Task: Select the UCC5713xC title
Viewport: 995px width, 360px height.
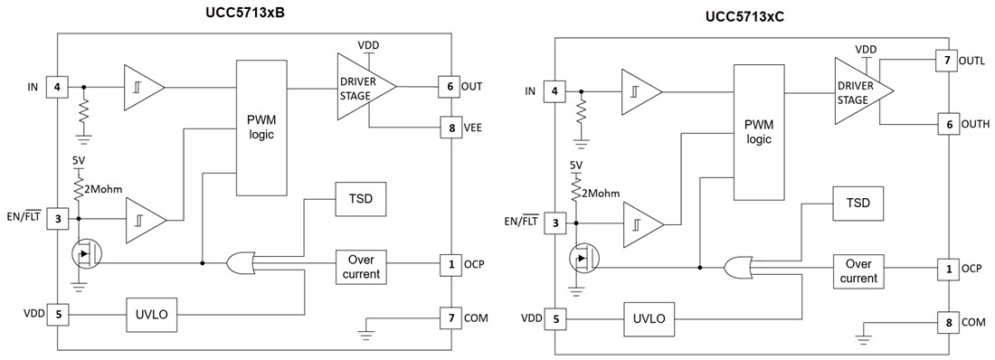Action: (x=751, y=17)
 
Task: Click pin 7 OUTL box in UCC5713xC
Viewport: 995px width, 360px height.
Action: (x=946, y=60)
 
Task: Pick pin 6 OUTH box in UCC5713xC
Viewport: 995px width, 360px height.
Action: (x=946, y=124)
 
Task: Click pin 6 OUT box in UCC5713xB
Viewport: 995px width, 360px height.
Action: (x=449, y=86)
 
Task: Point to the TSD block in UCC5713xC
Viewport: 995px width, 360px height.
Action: (x=858, y=203)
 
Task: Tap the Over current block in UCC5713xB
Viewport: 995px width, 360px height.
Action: (x=360, y=265)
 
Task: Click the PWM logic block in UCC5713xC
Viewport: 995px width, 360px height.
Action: (x=758, y=132)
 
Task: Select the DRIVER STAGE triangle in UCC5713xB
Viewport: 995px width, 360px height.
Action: (x=362, y=86)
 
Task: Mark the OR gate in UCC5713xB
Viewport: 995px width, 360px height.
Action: (x=242, y=263)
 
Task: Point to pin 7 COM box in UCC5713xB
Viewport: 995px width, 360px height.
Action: (x=449, y=317)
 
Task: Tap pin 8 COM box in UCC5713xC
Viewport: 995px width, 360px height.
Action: (x=946, y=322)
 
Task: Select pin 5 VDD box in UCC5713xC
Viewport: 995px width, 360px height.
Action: (x=554, y=319)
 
